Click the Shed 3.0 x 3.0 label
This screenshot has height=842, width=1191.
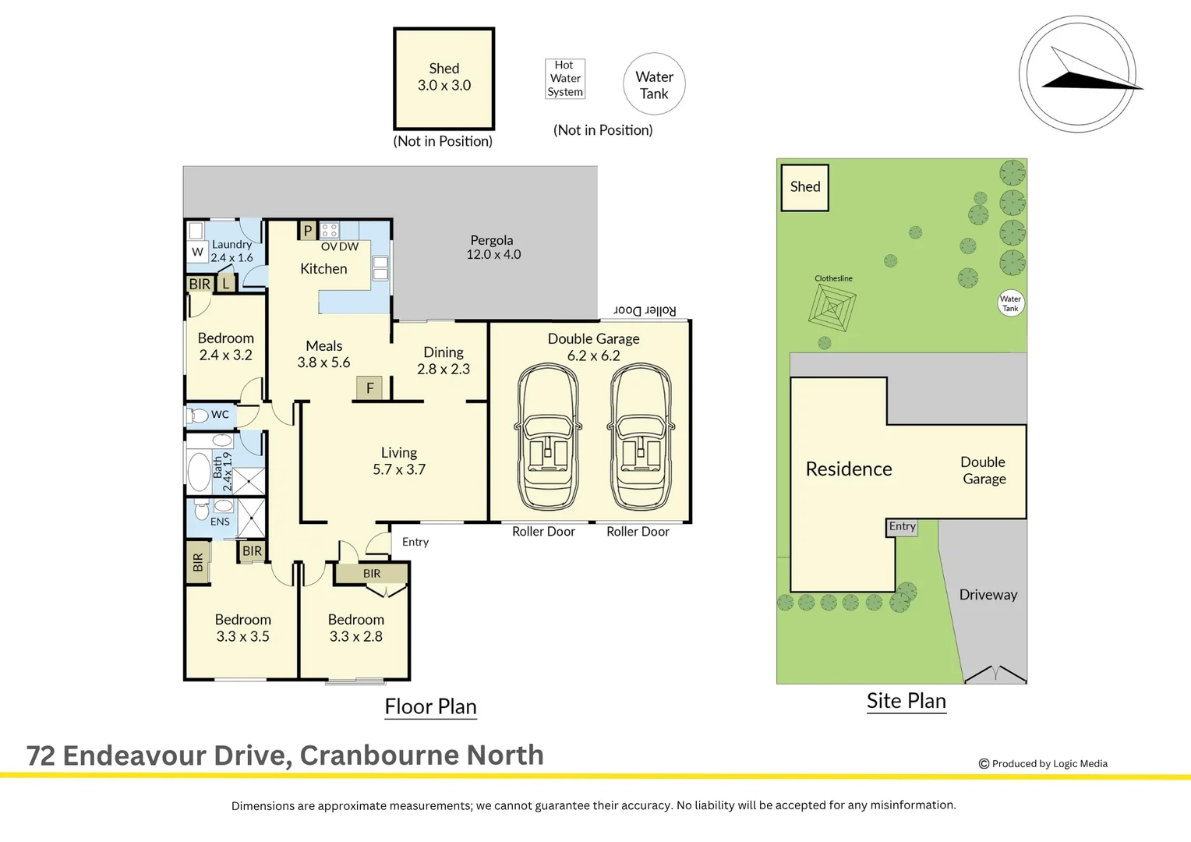coord(444,76)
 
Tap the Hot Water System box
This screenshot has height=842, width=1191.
coord(565,79)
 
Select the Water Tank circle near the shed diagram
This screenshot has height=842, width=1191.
coord(654,83)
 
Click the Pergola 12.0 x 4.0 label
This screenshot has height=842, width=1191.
coord(493,247)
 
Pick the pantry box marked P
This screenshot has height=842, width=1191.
coord(307,231)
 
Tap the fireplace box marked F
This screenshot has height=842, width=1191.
coord(369,387)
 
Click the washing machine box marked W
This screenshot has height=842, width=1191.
coord(197,252)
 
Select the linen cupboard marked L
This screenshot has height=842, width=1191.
coord(226,284)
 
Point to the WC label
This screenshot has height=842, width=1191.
coord(220,414)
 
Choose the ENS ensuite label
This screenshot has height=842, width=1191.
coord(220,522)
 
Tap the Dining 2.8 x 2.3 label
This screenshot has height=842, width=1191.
coord(444,360)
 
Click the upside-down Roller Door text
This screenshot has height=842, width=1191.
coord(645,310)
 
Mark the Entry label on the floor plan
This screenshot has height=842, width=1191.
coord(415,542)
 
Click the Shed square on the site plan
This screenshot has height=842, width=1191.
coord(804,187)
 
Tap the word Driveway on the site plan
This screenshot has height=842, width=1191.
coord(988,595)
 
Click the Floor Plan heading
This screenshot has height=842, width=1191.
coord(431,706)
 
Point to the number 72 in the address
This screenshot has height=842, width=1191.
coord(41,755)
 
